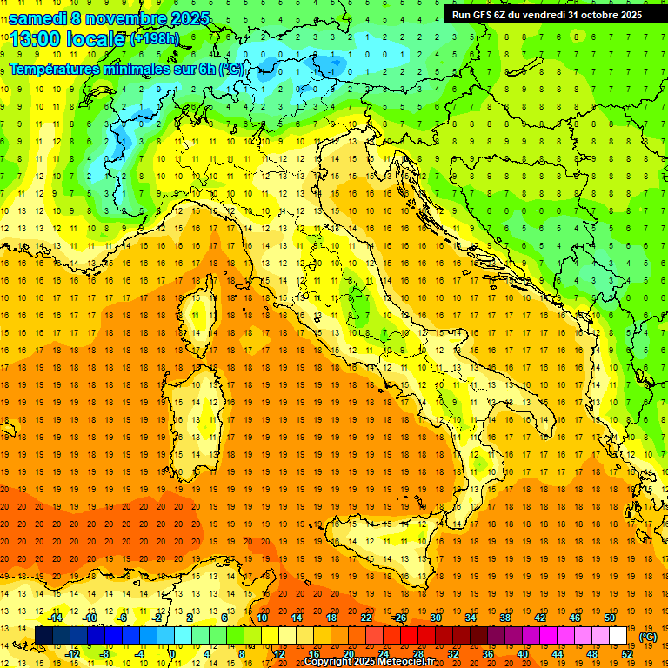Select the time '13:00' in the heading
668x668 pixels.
click(x=37, y=39)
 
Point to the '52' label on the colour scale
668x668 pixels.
click(x=627, y=654)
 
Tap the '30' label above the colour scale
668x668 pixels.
click(x=435, y=618)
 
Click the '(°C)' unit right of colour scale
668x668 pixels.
click(x=648, y=636)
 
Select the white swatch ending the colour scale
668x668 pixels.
click(x=618, y=636)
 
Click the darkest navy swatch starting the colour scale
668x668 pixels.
click(x=43, y=636)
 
